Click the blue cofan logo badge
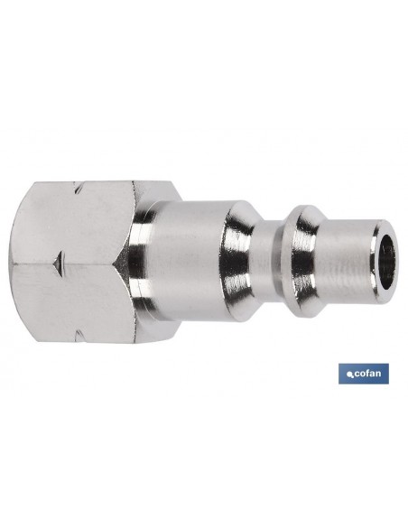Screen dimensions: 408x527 (x=363, y=374)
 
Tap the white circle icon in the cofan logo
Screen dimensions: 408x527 (x=349, y=375)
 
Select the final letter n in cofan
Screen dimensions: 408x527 (x=377, y=374)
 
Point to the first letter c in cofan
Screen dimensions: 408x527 (x=355, y=374)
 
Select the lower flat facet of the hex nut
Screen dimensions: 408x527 (x=72, y=302)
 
